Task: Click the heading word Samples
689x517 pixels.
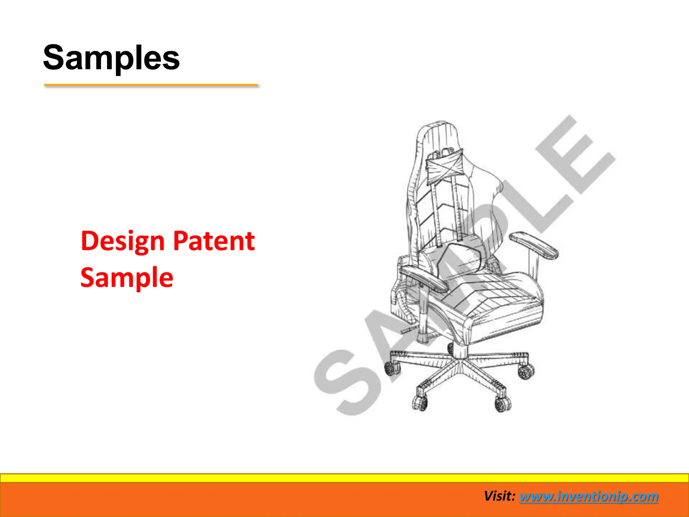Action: point(111,58)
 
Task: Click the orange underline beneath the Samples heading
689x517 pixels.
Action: point(151,85)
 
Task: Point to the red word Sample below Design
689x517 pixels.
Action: point(127,277)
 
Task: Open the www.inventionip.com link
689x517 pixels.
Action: point(588,496)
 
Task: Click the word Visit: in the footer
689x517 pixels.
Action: point(500,496)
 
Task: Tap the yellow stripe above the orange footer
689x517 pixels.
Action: point(344,478)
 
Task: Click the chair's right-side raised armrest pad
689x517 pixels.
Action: point(533,245)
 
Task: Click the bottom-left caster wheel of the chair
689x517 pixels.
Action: point(420,402)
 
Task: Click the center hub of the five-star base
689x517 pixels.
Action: point(459,362)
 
